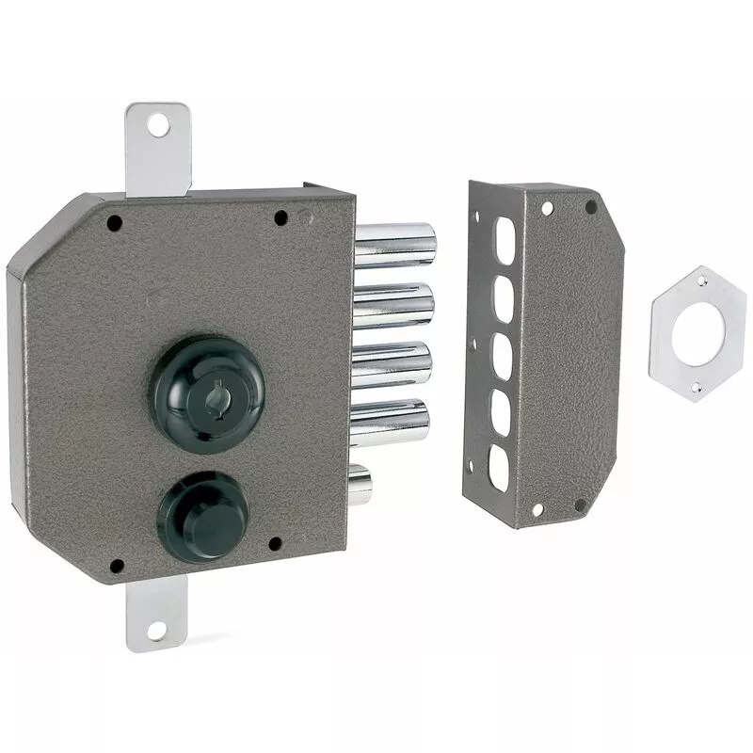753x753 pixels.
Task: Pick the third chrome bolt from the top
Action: pos(393,363)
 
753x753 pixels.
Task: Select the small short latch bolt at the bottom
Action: pos(360,484)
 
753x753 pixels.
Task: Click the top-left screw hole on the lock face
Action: pos(114,224)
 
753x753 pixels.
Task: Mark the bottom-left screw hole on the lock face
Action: pos(117,567)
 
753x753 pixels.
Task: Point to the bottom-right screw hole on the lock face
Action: pos(275,544)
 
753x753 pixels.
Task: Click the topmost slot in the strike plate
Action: pos(506,234)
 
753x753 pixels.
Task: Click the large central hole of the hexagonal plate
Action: pos(697,330)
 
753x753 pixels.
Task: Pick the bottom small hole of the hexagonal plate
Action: pos(695,387)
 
